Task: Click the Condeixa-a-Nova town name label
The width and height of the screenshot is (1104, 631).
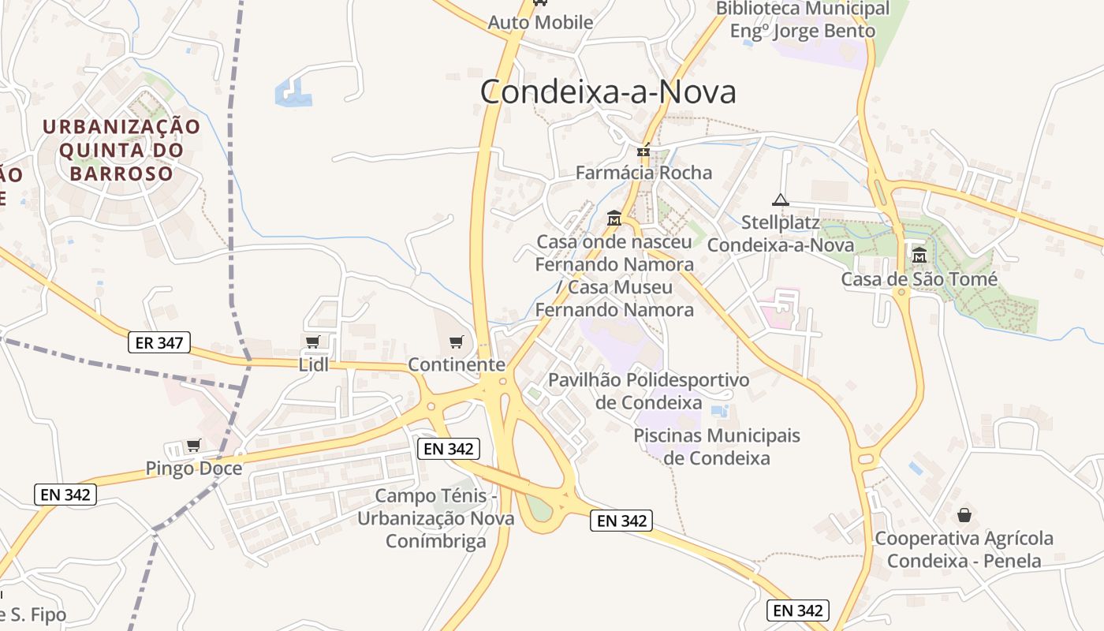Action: (608, 92)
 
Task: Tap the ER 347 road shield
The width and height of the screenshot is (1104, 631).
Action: (159, 342)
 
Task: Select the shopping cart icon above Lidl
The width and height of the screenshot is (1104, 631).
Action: (312, 342)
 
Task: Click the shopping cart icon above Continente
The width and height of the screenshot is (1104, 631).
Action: (456, 342)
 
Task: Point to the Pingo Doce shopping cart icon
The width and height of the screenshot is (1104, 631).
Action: (193, 446)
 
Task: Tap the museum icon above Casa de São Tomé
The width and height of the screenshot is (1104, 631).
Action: (919, 255)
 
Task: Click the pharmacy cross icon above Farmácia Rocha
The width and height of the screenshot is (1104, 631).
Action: (644, 150)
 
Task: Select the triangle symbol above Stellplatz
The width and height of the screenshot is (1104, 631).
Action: (781, 200)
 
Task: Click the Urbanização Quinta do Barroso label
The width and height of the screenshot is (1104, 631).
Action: (121, 150)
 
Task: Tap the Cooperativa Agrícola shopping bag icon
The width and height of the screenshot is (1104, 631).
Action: (964, 515)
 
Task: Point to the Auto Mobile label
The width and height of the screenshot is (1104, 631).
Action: (540, 22)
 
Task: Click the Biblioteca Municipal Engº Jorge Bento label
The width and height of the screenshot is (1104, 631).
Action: (803, 20)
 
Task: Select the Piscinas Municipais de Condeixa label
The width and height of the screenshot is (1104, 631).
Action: (716, 446)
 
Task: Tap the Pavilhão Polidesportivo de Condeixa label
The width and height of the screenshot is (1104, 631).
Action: (648, 391)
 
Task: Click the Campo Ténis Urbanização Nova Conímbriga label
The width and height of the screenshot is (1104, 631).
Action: (436, 518)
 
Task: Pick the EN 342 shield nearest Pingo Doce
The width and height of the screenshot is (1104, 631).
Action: (66, 495)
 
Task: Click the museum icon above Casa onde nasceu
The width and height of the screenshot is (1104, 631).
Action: (614, 218)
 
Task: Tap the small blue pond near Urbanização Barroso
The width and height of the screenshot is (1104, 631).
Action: (293, 93)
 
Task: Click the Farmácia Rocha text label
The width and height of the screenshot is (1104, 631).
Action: (643, 173)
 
